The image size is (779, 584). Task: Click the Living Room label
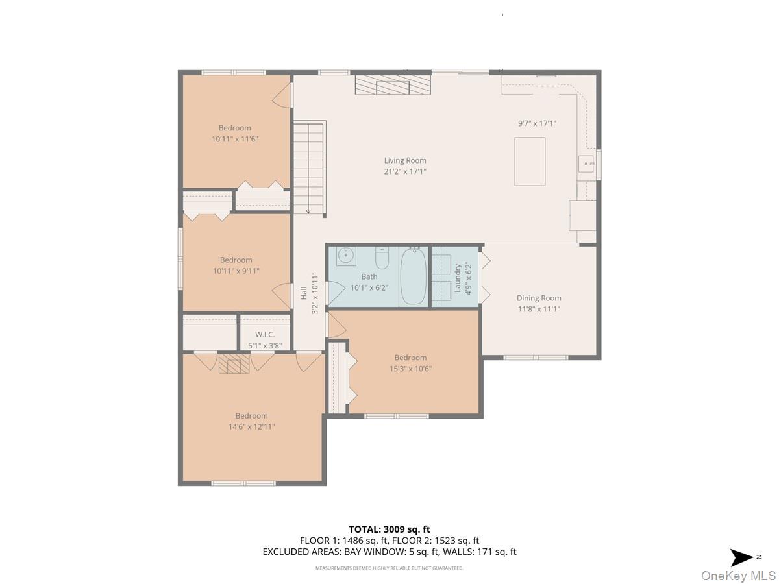(x=405, y=160)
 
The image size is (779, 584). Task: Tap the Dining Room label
(x=539, y=298)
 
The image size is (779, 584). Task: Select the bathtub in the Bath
(x=413, y=276)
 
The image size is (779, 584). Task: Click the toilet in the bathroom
(x=382, y=258)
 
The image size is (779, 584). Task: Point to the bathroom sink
(x=345, y=256)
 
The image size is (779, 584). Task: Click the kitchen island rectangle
(x=530, y=162)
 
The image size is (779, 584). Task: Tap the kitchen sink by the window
(x=586, y=164)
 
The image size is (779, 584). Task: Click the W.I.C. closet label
(x=265, y=334)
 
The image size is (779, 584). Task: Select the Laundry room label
(x=458, y=278)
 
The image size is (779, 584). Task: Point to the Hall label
(x=304, y=293)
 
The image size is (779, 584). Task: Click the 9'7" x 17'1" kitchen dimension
(x=537, y=123)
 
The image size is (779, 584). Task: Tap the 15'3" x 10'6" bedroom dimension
(x=411, y=369)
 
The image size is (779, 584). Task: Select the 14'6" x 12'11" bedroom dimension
(x=252, y=426)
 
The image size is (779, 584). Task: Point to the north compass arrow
(x=741, y=558)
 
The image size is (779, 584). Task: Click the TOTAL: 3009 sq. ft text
(x=389, y=529)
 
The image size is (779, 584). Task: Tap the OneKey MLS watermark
(x=739, y=575)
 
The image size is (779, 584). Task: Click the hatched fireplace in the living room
(x=393, y=84)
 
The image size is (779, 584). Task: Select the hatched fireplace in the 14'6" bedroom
(x=234, y=363)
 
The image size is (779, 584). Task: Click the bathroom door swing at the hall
(x=335, y=293)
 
